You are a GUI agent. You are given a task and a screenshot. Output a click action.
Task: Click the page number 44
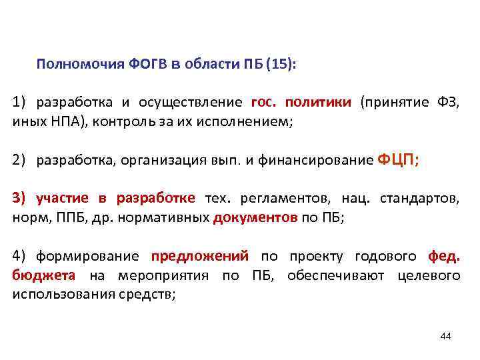coord(446,336)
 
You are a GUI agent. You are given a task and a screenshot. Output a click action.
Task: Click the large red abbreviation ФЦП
coord(398,159)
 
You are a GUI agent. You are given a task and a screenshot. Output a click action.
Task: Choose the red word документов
coord(255,217)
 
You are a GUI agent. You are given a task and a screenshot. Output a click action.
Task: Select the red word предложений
coord(200,256)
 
